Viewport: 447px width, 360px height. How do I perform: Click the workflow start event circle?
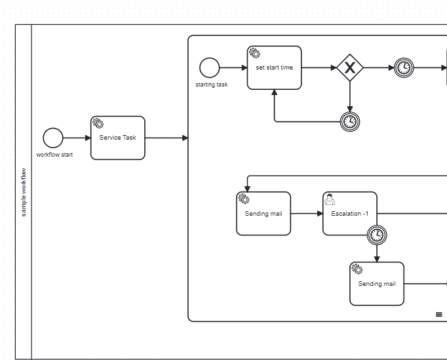pos(53,138)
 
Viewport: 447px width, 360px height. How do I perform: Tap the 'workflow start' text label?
pos(54,155)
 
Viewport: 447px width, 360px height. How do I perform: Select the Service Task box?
pos(118,142)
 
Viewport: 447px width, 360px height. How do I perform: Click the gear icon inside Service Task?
pos(98,123)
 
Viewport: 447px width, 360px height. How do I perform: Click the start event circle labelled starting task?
pos(210,68)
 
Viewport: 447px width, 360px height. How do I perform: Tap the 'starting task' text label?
pos(212,85)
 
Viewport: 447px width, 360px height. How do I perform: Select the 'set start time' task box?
pos(274,71)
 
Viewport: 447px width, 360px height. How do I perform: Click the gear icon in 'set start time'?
pos(254,53)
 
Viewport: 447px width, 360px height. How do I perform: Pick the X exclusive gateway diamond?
pos(350,68)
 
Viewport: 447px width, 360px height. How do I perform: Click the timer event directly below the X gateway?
pos(350,121)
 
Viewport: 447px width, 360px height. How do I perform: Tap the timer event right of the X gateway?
pos(404,68)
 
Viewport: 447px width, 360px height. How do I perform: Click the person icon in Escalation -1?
pos(330,199)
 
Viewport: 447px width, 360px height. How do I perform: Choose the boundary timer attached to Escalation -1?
pos(377,235)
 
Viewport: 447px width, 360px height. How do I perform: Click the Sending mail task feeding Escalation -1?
pos(263,216)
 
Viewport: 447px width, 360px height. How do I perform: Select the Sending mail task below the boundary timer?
pos(377,287)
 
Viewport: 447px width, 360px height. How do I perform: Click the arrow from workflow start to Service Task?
pos(77,138)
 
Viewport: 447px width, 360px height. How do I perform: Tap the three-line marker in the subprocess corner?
pos(439,315)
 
